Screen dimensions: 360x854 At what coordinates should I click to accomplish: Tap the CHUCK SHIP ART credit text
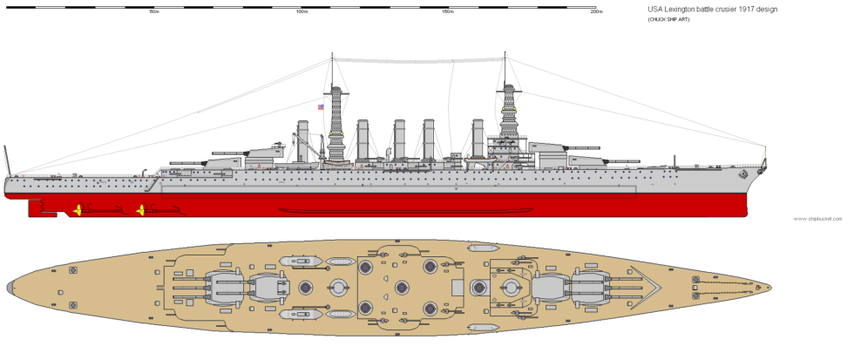coord(670,19)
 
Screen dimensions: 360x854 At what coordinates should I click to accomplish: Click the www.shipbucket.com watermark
coord(818,219)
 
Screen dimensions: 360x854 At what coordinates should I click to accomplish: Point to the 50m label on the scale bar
coord(153,11)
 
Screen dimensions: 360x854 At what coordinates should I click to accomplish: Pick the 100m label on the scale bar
coord(302,11)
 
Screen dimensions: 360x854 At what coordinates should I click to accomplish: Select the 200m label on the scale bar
coord(596,11)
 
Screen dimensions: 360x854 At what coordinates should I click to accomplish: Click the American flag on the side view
coord(321,107)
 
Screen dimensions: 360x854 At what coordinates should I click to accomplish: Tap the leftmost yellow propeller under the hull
coord(78,209)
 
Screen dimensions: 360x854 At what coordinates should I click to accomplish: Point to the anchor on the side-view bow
coord(743,174)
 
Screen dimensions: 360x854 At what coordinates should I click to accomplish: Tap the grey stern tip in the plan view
coord(11,286)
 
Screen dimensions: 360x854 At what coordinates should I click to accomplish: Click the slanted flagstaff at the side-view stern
coord(9,160)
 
